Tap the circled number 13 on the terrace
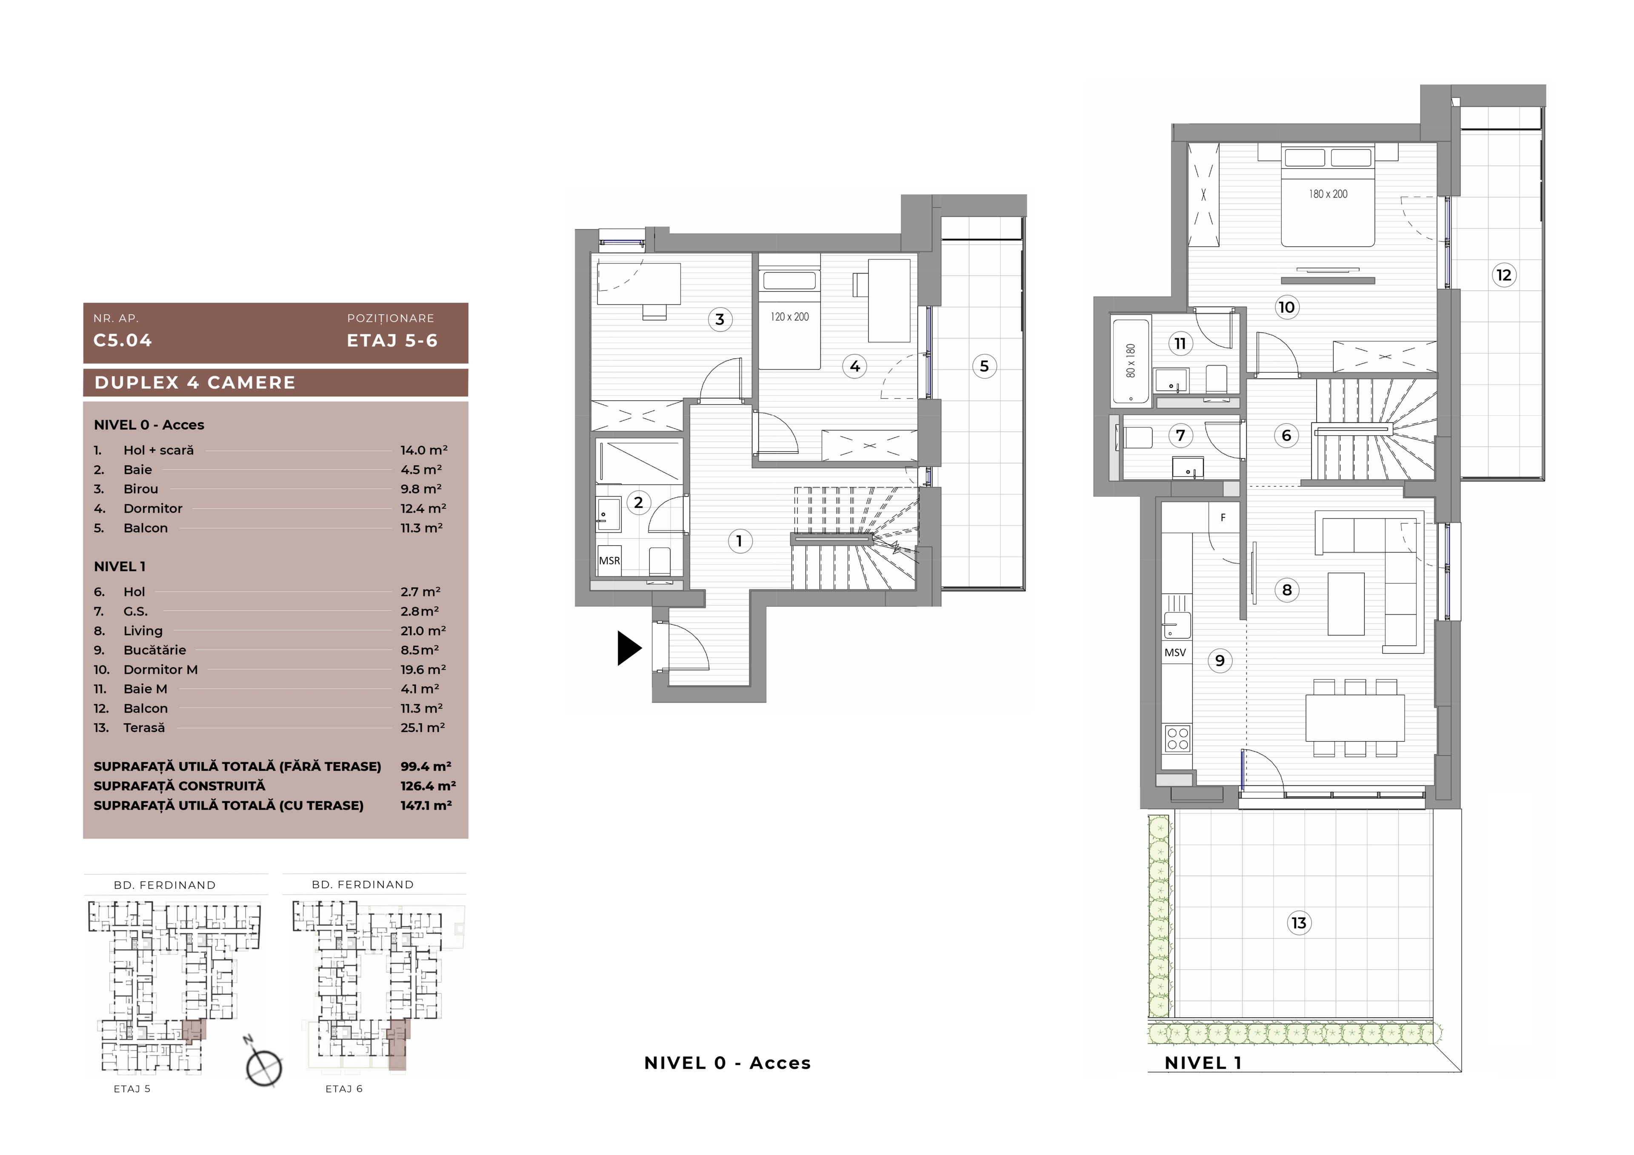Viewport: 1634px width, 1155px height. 1299,923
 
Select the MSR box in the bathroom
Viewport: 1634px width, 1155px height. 609,561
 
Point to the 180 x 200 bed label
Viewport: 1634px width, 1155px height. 1328,194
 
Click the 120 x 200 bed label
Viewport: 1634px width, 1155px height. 789,317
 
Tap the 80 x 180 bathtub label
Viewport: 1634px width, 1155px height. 1131,361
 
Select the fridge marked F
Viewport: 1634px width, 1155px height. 1223,517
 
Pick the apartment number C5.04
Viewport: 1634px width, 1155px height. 123,340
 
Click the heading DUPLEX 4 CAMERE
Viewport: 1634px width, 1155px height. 195,383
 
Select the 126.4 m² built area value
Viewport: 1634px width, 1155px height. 428,786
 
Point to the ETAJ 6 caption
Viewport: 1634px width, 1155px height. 344,1089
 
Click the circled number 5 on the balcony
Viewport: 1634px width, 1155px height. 984,367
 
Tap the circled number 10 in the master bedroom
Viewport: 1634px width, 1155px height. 1286,308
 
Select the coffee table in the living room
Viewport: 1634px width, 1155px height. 1346,604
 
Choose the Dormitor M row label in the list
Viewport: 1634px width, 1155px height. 161,670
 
